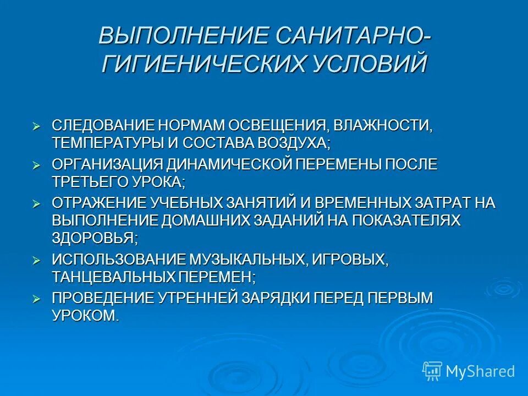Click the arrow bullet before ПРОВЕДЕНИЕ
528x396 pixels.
[37, 299]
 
